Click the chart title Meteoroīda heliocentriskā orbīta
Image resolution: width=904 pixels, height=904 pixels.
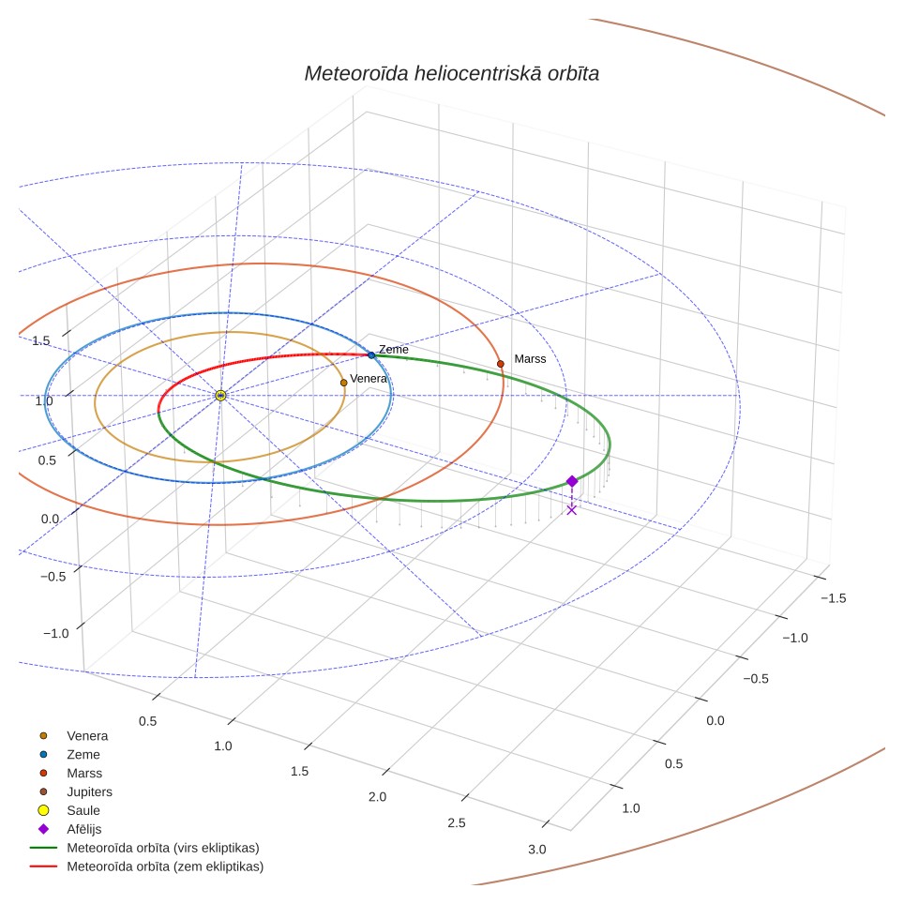point(451,74)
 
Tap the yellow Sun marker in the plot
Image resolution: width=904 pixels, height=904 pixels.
point(220,396)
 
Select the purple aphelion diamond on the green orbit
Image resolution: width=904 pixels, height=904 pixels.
point(572,481)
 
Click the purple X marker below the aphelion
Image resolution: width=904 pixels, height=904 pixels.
point(571,509)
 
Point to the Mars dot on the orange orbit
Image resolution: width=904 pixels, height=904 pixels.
point(501,364)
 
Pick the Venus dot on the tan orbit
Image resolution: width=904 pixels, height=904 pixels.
point(343,383)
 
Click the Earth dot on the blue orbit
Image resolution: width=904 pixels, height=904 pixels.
point(371,355)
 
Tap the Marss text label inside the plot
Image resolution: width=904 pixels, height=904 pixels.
point(530,359)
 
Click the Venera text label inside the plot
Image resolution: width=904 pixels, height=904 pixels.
point(369,379)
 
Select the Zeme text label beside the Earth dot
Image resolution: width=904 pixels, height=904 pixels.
point(393,350)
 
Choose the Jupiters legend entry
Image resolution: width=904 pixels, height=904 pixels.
point(76,791)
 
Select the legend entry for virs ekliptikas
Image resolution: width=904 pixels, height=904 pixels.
point(144,848)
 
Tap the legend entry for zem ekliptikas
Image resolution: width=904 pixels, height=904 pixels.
point(147,866)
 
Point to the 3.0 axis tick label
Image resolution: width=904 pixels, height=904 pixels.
point(536,850)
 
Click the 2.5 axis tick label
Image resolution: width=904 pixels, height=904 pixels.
point(456,822)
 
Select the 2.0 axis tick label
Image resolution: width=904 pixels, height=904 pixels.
point(377,797)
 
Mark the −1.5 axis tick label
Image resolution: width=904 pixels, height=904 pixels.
point(834,598)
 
